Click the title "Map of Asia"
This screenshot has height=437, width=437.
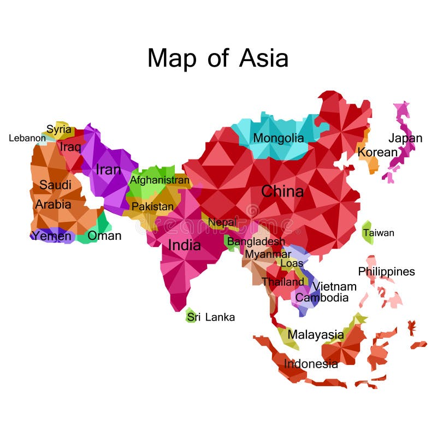(217, 58)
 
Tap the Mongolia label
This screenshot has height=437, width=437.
(278, 138)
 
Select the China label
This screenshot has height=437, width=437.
(282, 191)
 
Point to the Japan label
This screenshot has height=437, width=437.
(405, 138)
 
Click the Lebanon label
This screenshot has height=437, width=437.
(27, 138)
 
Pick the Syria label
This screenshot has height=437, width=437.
(59, 129)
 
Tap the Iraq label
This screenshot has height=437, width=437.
(70, 147)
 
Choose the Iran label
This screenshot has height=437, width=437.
(108, 170)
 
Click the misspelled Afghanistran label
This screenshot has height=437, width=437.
(160, 180)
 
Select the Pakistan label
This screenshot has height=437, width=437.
(152, 207)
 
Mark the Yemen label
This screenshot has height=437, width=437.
(51, 236)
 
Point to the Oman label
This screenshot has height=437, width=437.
(104, 236)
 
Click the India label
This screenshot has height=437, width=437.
(184, 245)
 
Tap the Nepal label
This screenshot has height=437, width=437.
(222, 222)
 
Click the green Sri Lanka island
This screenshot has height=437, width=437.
(191, 316)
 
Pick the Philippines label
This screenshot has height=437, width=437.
(386, 271)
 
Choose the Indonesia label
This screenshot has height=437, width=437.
(311, 364)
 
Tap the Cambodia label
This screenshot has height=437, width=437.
(322, 298)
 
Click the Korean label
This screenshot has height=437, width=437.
(377, 152)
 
